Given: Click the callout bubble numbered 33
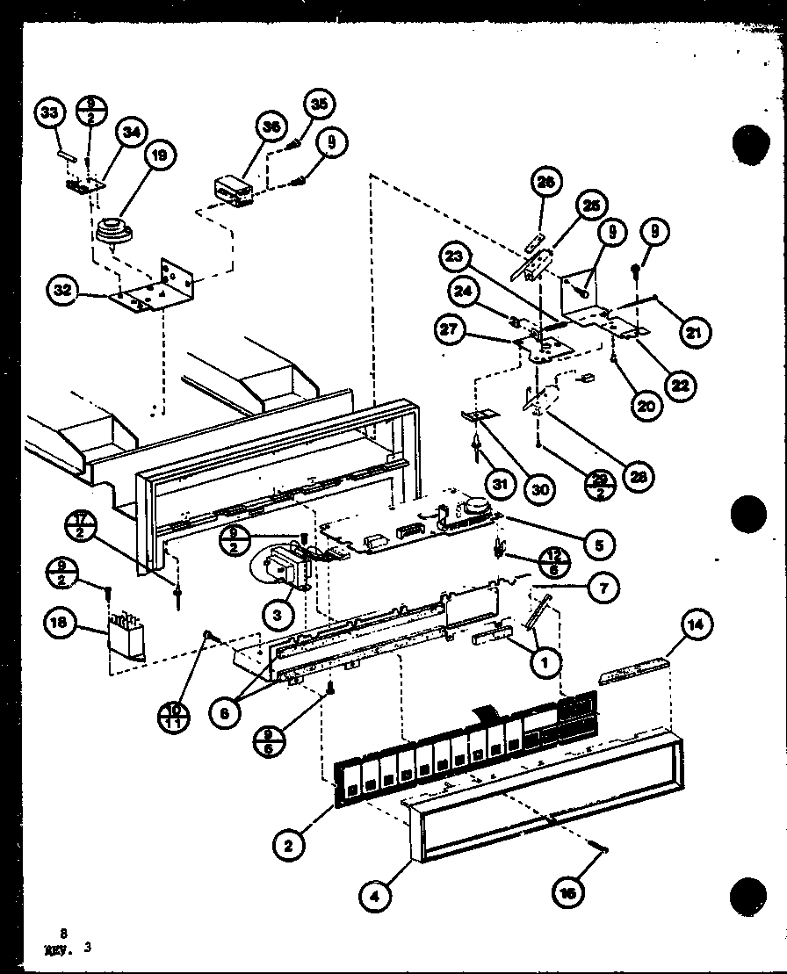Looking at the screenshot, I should click(x=51, y=113).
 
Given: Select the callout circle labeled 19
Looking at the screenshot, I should click(x=157, y=158).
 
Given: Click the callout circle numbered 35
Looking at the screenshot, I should click(x=318, y=104).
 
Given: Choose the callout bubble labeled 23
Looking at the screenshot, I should click(x=454, y=259).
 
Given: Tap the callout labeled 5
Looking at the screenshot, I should click(x=597, y=545).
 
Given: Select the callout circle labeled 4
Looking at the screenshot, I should click(x=375, y=897).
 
